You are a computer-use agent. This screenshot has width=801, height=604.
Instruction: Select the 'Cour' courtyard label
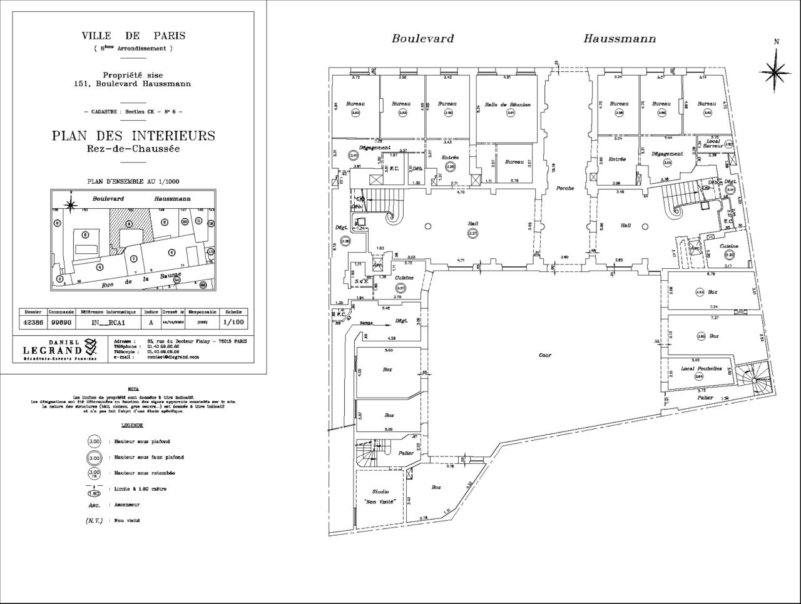pyautogui.click(x=545, y=355)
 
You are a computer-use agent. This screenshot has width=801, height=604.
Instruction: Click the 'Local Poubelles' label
pyautogui.click(x=701, y=368)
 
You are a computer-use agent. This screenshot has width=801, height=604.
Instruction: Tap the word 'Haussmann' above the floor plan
pyautogui.click(x=620, y=39)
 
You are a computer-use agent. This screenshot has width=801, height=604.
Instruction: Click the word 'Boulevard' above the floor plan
pyautogui.click(x=423, y=39)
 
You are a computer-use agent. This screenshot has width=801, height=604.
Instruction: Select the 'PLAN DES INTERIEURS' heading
pyautogui.click(x=133, y=136)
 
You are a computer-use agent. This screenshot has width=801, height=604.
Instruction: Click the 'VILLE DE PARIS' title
pyautogui.click(x=133, y=36)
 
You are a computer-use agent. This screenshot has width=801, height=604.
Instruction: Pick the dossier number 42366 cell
pyautogui.click(x=33, y=323)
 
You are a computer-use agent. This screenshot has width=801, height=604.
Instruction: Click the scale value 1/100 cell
pyautogui.click(x=233, y=323)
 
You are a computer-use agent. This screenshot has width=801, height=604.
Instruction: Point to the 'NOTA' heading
pyautogui.click(x=133, y=388)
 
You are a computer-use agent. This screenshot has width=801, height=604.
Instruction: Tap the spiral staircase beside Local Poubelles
pyautogui.click(x=753, y=378)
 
